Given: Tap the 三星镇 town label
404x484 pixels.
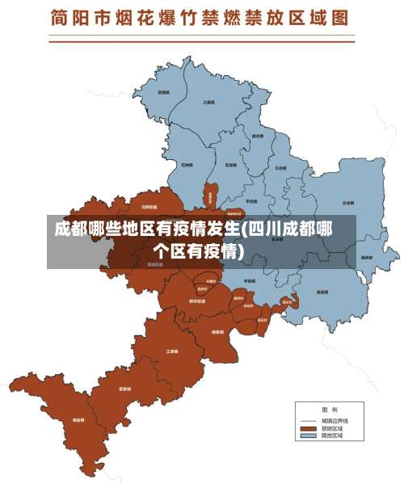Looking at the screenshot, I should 208,103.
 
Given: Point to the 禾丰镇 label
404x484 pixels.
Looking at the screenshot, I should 163,92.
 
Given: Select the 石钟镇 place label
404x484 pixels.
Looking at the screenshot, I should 187,163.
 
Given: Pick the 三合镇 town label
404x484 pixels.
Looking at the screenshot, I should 281,167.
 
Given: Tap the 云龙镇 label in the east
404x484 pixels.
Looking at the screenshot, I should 347,203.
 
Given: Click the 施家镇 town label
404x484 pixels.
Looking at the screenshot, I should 322,292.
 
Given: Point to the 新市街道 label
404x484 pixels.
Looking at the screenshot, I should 196,301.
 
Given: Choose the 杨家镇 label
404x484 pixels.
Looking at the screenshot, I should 217,331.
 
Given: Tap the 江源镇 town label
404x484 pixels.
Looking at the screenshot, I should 171,351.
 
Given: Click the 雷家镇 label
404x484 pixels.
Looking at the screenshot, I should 125,389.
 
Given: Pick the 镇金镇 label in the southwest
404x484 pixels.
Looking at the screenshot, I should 78,420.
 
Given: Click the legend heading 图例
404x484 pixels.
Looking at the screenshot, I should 329,410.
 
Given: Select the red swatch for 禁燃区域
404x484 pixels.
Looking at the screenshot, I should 307,428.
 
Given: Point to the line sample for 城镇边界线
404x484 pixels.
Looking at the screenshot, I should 307,421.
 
